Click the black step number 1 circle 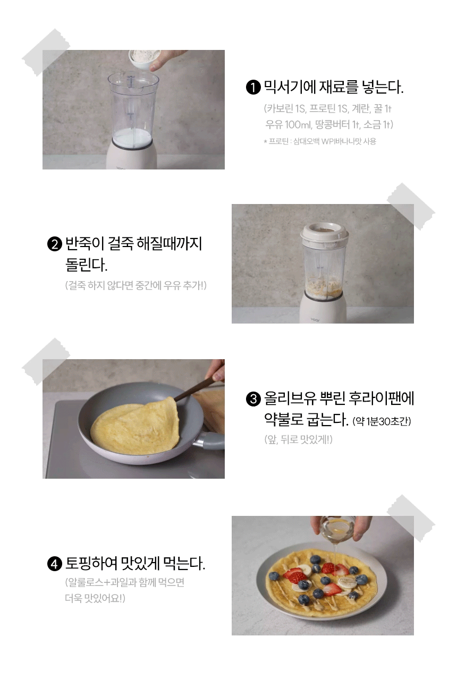[253, 87]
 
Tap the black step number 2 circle [54, 244]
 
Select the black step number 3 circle [253, 399]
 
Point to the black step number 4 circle [54, 564]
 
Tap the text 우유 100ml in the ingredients [287, 125]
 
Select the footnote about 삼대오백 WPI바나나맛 [320, 142]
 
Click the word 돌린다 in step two [86, 265]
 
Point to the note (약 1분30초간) [382, 421]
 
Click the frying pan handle [211, 440]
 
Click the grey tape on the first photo [46, 52]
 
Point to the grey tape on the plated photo [411, 518]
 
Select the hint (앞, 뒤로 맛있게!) [298, 440]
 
